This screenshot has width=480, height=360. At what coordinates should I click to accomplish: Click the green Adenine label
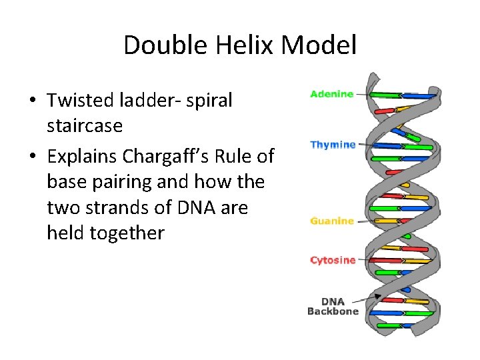point(331,94)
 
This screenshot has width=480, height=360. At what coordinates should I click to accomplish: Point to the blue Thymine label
point(333,145)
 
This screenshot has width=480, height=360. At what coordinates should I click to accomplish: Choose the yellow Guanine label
point(332,221)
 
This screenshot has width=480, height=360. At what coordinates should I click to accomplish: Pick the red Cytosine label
point(333,260)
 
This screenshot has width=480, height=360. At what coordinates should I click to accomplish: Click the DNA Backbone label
point(333,306)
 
